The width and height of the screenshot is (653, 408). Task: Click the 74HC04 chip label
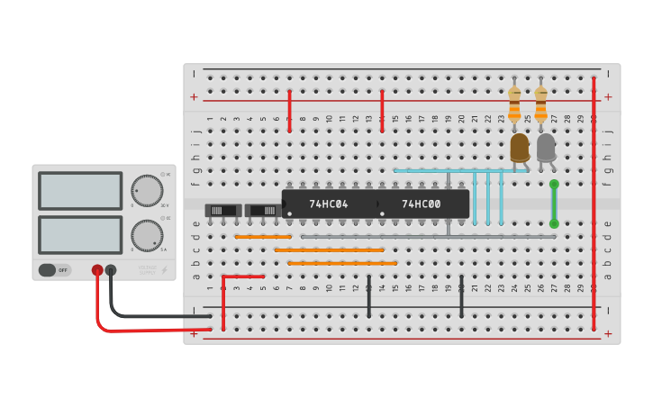point(329,204)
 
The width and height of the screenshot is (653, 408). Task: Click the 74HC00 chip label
point(422,204)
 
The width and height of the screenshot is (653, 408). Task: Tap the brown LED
point(520,147)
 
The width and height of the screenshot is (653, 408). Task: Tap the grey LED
point(546,147)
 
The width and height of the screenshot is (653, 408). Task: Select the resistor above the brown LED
point(514,103)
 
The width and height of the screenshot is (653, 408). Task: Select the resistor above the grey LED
point(540,103)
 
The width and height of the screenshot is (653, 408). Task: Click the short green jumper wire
point(554,204)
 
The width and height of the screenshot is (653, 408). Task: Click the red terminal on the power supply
point(97,269)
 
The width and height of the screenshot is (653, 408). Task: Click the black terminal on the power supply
point(111,269)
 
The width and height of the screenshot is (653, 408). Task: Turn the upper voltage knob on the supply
point(147,191)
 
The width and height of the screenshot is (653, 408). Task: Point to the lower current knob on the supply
point(147,235)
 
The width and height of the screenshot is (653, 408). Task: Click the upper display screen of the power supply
point(80,191)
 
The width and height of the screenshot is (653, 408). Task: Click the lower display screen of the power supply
point(80,235)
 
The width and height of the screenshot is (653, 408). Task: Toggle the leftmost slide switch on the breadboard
point(222,211)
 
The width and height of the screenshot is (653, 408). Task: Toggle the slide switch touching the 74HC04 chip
point(264,211)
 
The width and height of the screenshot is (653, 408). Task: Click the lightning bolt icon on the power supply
point(163,269)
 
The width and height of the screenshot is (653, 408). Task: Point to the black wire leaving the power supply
point(153,315)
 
